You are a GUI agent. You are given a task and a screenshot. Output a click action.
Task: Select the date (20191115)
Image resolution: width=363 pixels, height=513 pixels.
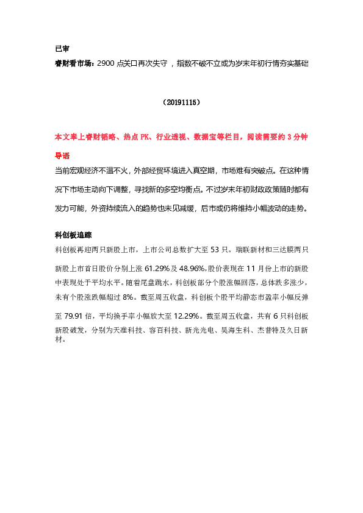[181, 104]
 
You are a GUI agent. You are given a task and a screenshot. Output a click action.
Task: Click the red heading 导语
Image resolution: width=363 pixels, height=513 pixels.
[62, 155]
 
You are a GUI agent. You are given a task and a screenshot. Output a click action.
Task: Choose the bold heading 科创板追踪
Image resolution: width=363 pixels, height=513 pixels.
[73, 234]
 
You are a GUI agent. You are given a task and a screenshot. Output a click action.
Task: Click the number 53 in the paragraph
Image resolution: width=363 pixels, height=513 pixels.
[214, 250]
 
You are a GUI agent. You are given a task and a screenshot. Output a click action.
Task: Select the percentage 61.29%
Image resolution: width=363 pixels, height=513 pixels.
[157, 268]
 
